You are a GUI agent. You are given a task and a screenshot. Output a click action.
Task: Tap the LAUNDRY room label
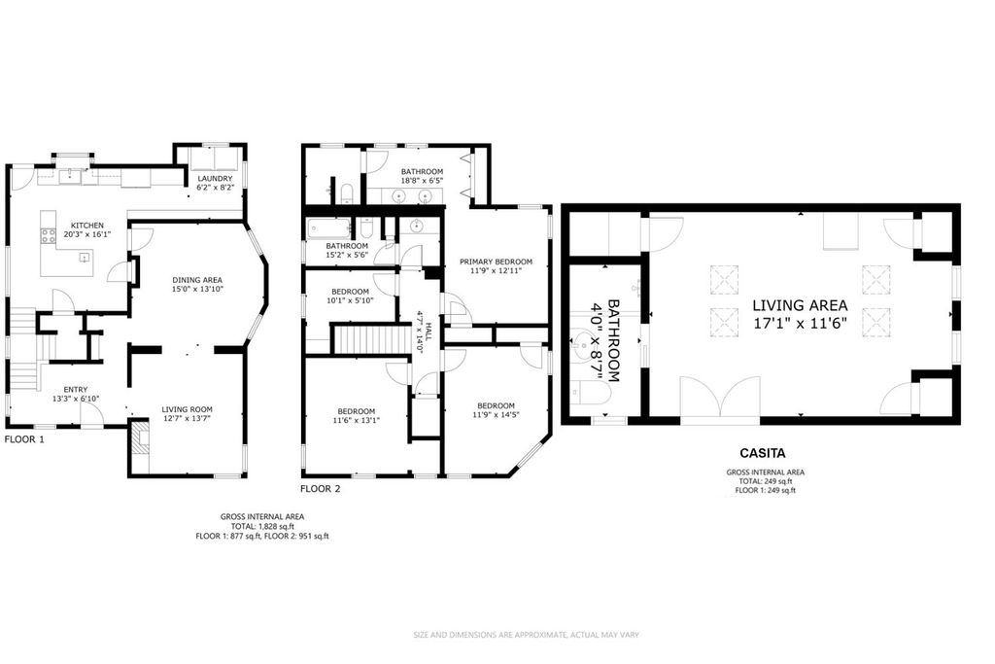pyautogui.click(x=214, y=179)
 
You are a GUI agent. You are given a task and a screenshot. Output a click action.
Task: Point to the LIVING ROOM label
pyautogui.click(x=187, y=408)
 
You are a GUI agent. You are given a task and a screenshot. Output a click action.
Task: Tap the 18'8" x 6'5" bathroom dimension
pyautogui.click(x=422, y=180)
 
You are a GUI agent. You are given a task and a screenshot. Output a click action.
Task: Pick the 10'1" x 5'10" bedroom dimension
pyautogui.click(x=350, y=300)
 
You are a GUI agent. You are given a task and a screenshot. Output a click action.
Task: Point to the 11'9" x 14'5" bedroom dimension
pyautogui.click(x=496, y=415)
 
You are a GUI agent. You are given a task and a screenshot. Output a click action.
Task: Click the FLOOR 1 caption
pyautogui.click(x=24, y=438)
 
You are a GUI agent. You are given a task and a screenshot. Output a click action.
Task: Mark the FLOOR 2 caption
pyautogui.click(x=320, y=489)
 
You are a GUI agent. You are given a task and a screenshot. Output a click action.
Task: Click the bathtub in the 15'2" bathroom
pyautogui.click(x=320, y=230)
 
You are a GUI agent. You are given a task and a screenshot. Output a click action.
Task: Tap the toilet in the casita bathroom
pyautogui.click(x=592, y=393)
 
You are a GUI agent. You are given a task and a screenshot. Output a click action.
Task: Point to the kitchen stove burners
pyautogui.click(x=48, y=235)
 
